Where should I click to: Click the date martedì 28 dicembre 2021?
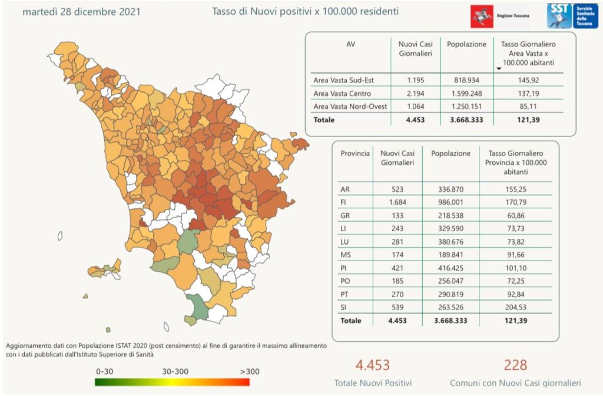click(x=82, y=12)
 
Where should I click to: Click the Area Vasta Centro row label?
click(x=342, y=94)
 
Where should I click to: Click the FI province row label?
click(x=344, y=202)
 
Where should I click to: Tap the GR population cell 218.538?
click(x=450, y=216)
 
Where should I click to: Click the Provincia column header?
click(x=355, y=154)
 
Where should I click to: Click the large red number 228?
click(x=515, y=365)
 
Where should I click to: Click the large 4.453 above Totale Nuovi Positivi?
click(x=373, y=365)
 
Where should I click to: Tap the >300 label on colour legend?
click(x=250, y=372)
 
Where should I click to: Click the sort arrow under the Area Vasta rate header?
click(x=499, y=69)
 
